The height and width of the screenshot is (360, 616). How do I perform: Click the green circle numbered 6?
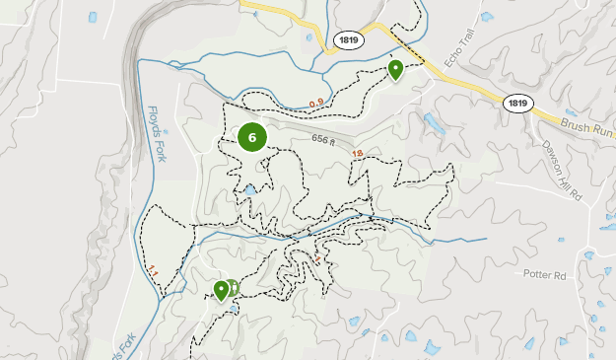pyautogui.click(x=252, y=137)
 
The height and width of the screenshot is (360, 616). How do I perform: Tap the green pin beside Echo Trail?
pyautogui.click(x=395, y=69)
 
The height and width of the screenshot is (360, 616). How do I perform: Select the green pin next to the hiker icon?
pyautogui.click(x=222, y=289)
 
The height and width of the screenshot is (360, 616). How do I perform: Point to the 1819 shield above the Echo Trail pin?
pyautogui.click(x=347, y=39)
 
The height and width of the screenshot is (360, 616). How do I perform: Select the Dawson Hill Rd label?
pyautogui.click(x=562, y=169)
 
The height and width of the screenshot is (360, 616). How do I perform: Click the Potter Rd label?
pyautogui.click(x=548, y=274)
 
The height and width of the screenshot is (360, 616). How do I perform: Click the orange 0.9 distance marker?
pyautogui.click(x=316, y=103)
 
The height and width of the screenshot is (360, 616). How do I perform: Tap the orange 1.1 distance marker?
pyautogui.click(x=153, y=268)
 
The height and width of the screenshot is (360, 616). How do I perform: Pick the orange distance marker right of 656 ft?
pyautogui.click(x=357, y=153)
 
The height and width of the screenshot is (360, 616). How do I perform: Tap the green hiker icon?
pyautogui.click(x=235, y=287)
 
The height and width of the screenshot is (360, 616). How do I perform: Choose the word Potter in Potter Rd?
pyautogui.click(x=541, y=274)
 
